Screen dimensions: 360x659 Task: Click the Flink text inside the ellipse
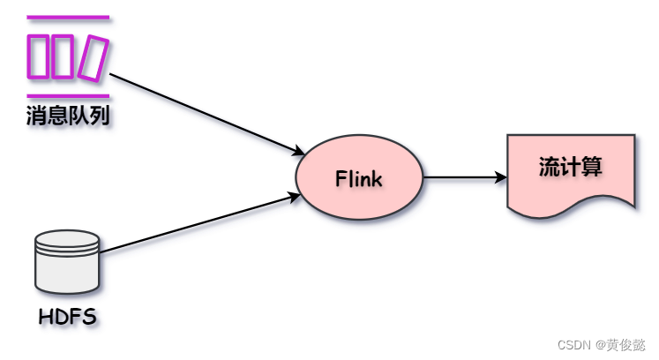(358, 179)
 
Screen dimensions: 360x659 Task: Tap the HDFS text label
(67, 316)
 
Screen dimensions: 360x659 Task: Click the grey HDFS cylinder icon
(66, 266)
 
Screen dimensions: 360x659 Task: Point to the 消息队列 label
(68, 116)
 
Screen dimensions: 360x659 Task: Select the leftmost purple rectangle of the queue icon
(39, 56)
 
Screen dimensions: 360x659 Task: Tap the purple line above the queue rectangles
(68, 17)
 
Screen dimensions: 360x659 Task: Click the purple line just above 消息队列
(68, 96)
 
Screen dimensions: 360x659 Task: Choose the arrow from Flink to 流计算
(463, 177)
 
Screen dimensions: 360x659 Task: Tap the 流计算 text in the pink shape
(570, 167)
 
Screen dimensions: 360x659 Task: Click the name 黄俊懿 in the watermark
(623, 344)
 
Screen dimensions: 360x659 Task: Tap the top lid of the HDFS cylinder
(66, 237)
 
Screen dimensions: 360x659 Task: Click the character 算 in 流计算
(592, 167)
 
